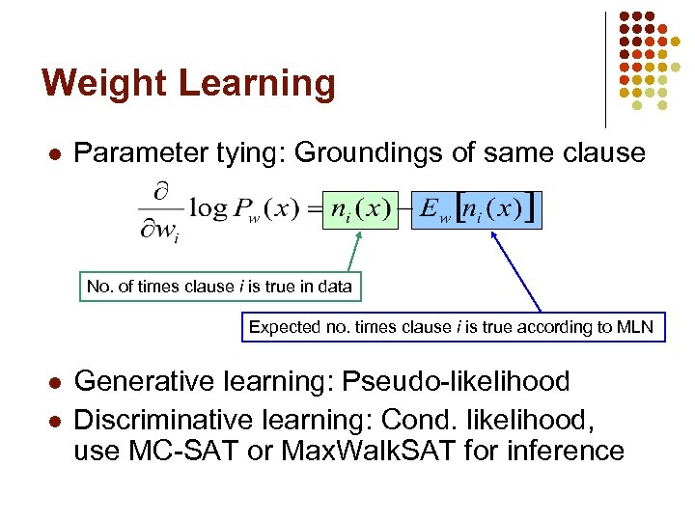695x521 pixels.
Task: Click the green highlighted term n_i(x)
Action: click(360, 208)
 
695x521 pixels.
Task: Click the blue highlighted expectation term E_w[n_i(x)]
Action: click(476, 208)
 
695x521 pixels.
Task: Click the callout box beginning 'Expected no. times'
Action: click(451, 327)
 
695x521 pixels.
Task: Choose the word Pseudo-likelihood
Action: click(458, 381)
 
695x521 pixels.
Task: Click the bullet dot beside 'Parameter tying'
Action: click(56, 153)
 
